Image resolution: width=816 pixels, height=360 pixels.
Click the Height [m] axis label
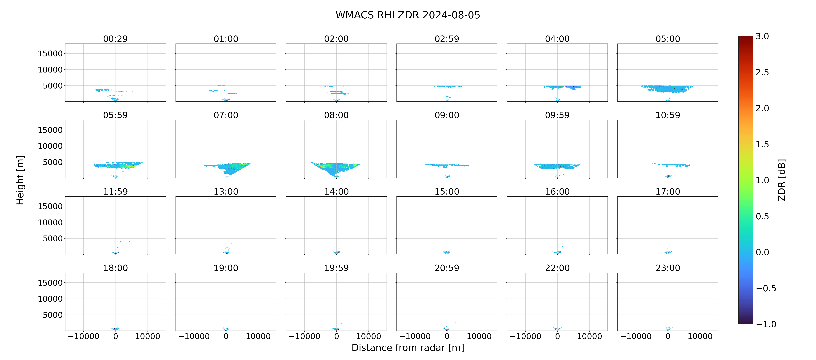pyautogui.click(x=20, y=180)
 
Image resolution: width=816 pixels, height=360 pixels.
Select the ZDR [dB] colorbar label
pyautogui.click(x=782, y=180)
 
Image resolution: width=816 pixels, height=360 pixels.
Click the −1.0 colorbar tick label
pyautogui.click(x=766, y=324)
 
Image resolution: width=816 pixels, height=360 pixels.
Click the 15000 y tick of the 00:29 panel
pyautogui.click(x=50, y=54)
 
